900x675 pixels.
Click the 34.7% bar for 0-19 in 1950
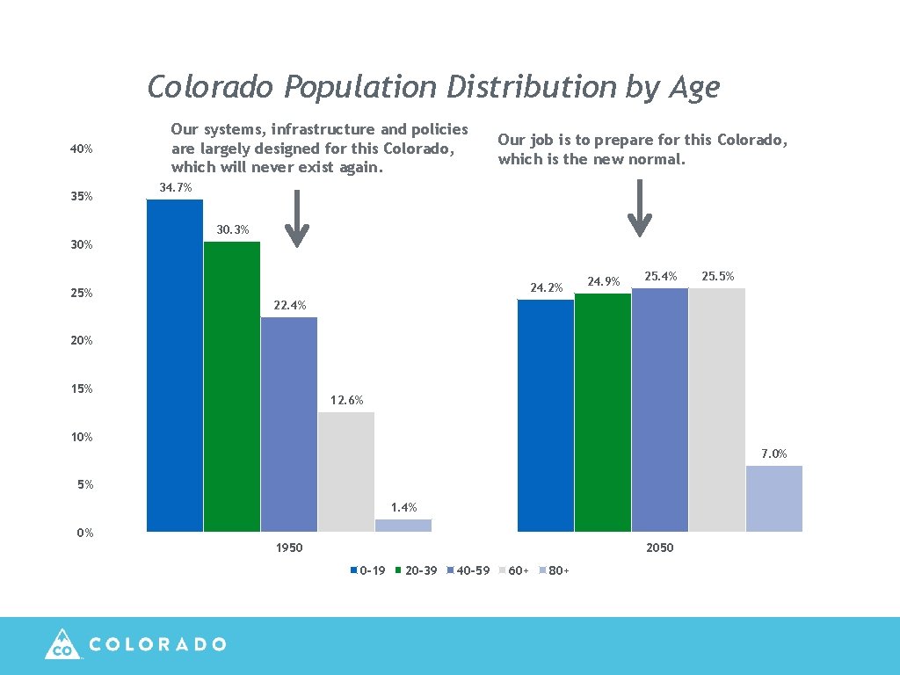click(x=174, y=366)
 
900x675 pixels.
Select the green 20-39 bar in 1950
click(x=231, y=387)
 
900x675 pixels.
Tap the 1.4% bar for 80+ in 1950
click(x=403, y=526)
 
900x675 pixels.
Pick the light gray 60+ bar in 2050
click(x=716, y=410)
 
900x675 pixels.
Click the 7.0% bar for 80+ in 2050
click(x=773, y=498)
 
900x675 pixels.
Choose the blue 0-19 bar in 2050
click(x=546, y=416)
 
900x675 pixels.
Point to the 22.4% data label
click(x=289, y=306)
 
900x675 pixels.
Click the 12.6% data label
click(x=346, y=401)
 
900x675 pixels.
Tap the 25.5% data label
click(x=717, y=277)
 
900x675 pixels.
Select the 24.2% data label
click(x=546, y=287)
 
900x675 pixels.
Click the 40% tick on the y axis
click(x=82, y=149)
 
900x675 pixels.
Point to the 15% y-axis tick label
click(x=82, y=389)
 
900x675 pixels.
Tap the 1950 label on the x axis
click(x=289, y=548)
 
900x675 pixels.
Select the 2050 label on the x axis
click(x=659, y=548)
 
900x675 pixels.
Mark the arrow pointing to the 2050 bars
click(x=641, y=208)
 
